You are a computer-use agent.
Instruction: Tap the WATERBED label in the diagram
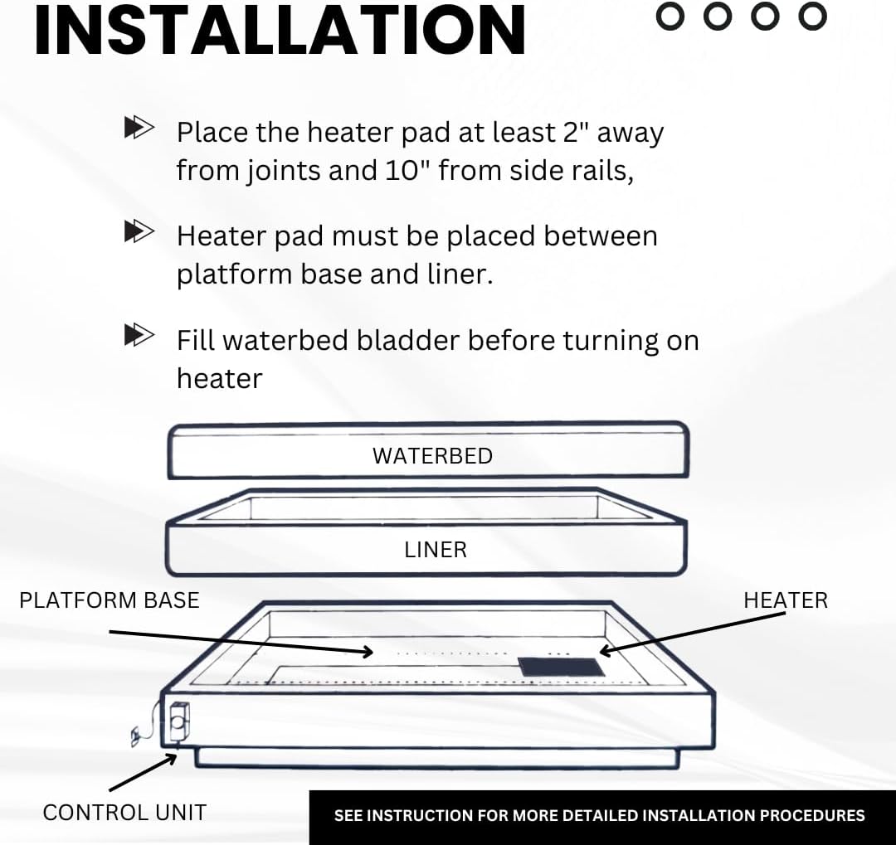point(432,455)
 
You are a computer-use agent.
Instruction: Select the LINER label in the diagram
point(436,549)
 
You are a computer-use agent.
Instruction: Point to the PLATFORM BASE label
point(110,600)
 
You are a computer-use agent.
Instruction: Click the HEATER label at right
point(785,600)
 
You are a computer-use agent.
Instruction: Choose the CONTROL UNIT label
point(124,812)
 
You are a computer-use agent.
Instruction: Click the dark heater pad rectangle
point(562,666)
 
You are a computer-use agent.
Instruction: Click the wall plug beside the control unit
point(137,735)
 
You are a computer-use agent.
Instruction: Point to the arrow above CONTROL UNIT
point(143,770)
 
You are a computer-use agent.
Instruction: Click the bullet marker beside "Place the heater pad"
point(139,128)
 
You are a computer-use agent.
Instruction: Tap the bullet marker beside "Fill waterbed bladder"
point(139,336)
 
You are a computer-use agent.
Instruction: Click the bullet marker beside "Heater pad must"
point(139,231)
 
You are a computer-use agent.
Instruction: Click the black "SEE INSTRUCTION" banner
point(600,816)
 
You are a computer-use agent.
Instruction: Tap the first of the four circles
point(670,15)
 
